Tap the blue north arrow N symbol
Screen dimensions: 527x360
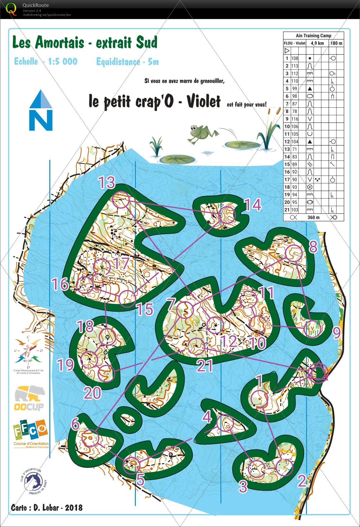[x=41, y=111]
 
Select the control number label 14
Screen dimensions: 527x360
[x=253, y=205]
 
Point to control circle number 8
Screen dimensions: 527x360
[x=294, y=253]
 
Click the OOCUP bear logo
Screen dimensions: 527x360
[x=30, y=398]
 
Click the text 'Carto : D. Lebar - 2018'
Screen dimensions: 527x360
[x=47, y=507]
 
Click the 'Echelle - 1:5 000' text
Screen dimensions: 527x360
[x=46, y=61]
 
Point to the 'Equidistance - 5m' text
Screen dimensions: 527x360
[x=127, y=62]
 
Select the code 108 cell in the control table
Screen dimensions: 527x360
[x=295, y=58]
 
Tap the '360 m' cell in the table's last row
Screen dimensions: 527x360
[x=313, y=217]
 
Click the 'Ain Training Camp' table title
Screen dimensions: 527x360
[x=313, y=36]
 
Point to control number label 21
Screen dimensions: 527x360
[x=205, y=366]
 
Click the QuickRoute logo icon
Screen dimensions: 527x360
[x=11, y=9]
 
